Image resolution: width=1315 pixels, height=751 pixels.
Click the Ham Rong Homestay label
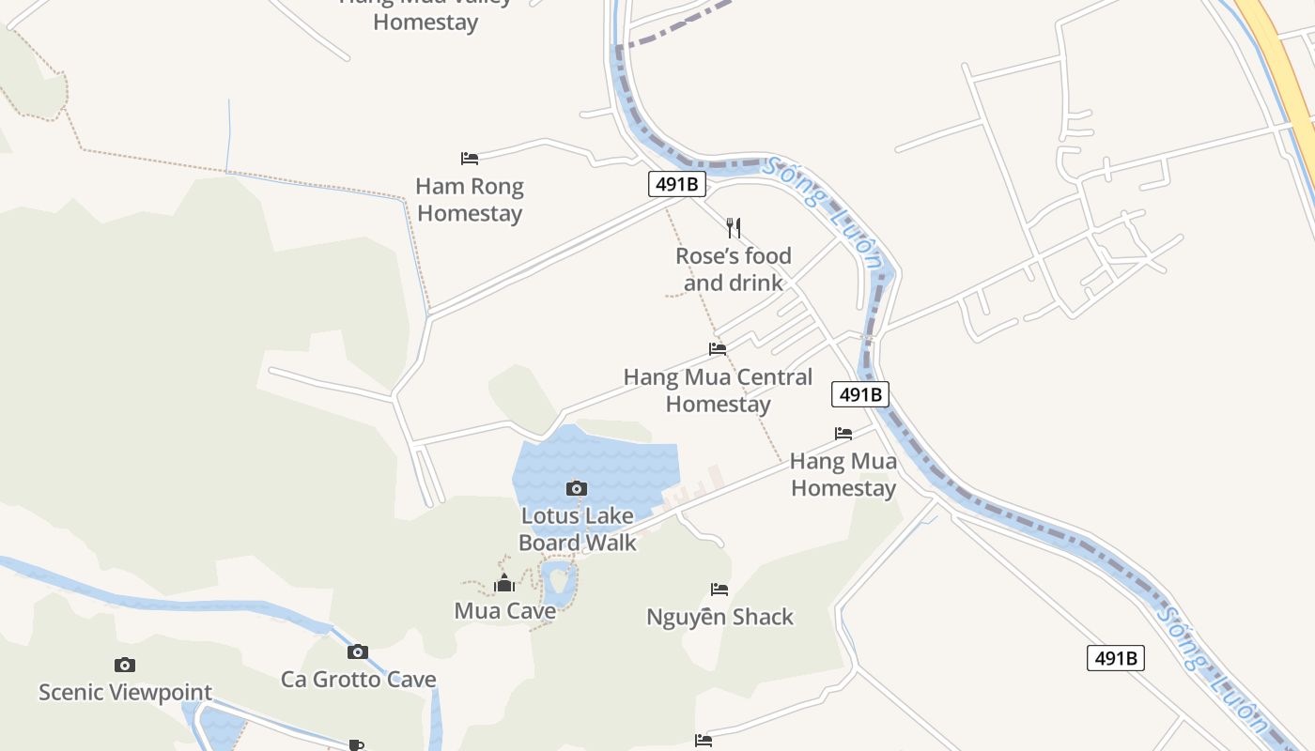click(470, 200)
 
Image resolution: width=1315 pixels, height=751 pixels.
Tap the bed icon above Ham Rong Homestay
click(470, 159)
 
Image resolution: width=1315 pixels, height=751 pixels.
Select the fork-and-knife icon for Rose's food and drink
click(734, 227)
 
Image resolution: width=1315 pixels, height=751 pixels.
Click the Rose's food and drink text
click(734, 269)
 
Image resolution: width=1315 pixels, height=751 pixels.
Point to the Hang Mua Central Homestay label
click(718, 391)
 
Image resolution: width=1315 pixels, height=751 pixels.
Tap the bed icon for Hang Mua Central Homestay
click(718, 348)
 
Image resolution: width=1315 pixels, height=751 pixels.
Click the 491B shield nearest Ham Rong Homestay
click(676, 184)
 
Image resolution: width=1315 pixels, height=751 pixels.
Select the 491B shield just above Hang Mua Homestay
click(859, 394)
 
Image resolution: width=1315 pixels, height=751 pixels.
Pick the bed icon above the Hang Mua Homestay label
click(843, 434)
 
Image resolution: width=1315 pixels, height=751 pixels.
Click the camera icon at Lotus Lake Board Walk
click(577, 488)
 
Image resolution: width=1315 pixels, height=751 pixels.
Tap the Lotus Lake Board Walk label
click(577, 529)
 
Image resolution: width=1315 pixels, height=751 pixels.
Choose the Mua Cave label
click(504, 611)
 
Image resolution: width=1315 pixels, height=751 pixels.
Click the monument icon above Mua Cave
click(504, 584)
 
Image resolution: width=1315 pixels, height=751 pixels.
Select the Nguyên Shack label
click(719, 617)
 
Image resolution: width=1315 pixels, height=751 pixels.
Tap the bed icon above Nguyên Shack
click(719, 590)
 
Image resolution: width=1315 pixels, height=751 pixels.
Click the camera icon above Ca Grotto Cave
click(357, 651)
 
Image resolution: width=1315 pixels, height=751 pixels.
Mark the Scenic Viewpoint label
click(125, 693)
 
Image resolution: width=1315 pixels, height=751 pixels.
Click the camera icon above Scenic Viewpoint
click(125, 666)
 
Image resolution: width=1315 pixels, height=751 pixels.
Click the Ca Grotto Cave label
click(358, 679)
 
